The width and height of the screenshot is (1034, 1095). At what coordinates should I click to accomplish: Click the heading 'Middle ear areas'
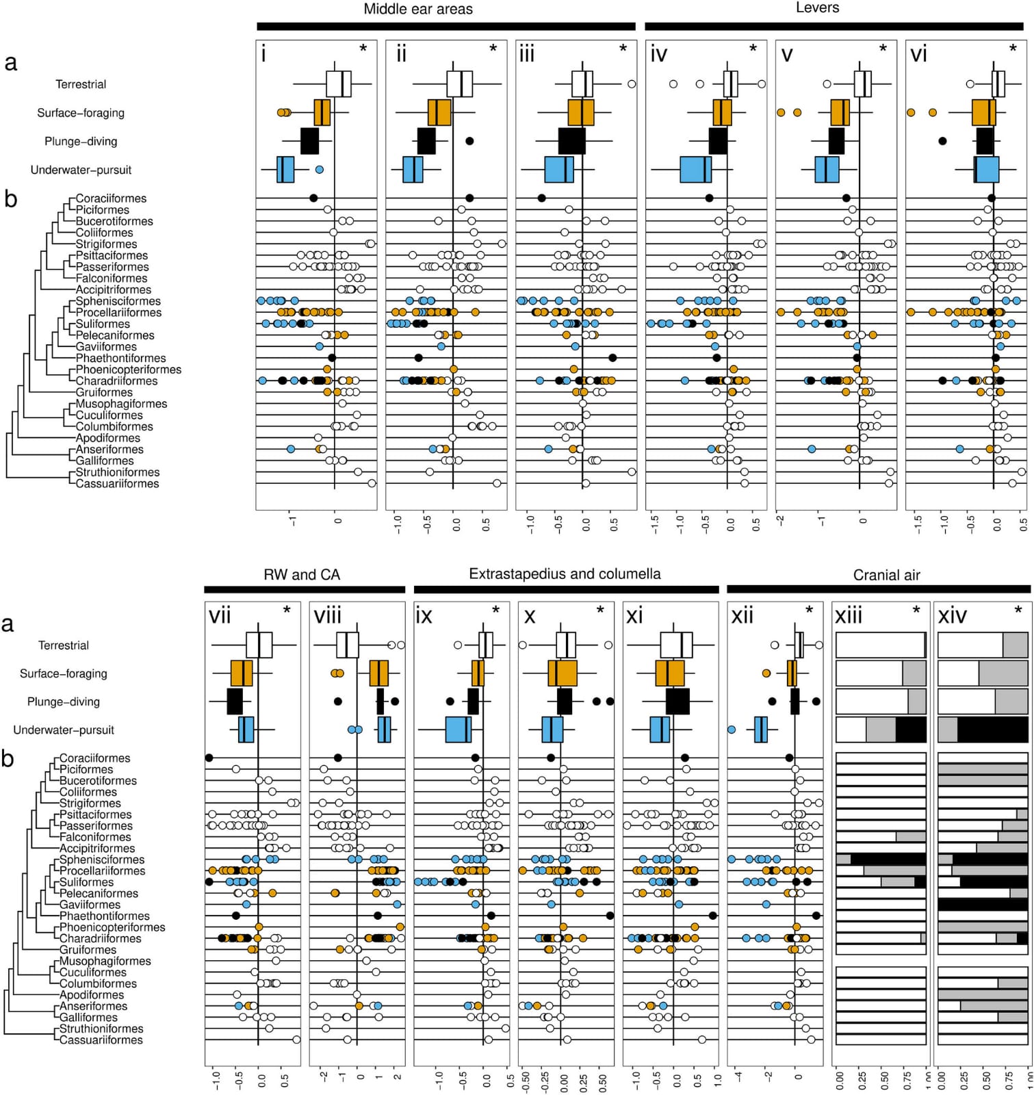click(x=417, y=10)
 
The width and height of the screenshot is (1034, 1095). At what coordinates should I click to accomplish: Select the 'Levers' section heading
click(x=817, y=8)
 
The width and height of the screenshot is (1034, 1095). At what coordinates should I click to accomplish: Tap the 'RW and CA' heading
click(x=302, y=575)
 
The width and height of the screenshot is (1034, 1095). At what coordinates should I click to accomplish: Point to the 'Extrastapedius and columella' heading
click(x=565, y=574)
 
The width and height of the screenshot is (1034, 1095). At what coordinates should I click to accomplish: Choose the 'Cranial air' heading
click(x=886, y=576)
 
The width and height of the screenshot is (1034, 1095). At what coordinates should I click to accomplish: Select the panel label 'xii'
click(x=742, y=617)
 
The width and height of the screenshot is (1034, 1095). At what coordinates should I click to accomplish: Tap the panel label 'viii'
click(x=327, y=617)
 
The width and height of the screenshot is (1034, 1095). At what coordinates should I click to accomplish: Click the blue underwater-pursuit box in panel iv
click(x=695, y=170)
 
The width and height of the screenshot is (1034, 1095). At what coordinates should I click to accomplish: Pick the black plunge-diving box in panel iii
click(x=571, y=141)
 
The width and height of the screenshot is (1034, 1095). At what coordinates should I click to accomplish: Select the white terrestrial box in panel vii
click(x=259, y=645)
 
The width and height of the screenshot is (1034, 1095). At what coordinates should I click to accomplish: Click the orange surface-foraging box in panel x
click(x=563, y=673)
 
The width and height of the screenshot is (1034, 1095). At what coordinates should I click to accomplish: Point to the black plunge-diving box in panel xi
click(x=677, y=701)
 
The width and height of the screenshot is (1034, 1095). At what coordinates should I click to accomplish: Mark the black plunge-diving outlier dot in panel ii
click(x=469, y=141)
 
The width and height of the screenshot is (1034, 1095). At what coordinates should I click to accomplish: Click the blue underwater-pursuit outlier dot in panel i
click(x=319, y=169)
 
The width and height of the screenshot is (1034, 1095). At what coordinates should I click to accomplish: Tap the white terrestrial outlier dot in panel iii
click(x=632, y=83)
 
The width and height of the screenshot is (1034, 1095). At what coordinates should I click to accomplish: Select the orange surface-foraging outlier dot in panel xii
click(x=766, y=673)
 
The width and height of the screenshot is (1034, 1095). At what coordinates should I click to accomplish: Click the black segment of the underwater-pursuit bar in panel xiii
click(x=911, y=730)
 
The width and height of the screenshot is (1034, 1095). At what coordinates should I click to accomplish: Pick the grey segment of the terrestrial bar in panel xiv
click(x=1016, y=645)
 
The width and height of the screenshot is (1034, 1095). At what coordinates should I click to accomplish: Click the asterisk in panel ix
click(x=495, y=609)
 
